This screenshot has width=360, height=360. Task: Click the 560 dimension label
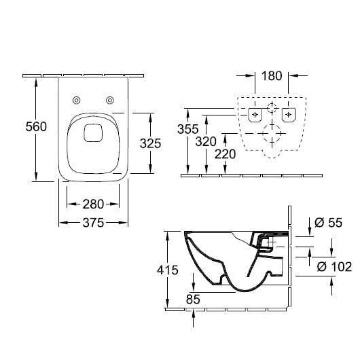[36, 126]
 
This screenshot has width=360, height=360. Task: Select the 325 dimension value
[150, 143]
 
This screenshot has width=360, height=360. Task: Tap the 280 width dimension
[93, 204]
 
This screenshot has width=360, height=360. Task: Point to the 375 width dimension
[93, 223]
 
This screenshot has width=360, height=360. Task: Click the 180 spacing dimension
[272, 76]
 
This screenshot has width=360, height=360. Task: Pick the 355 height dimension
[187, 129]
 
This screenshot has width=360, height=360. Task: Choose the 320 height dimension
[206, 141]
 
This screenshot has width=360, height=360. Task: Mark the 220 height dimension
[225, 154]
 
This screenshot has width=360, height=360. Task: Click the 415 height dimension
[168, 270]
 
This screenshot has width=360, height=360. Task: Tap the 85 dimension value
[193, 299]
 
